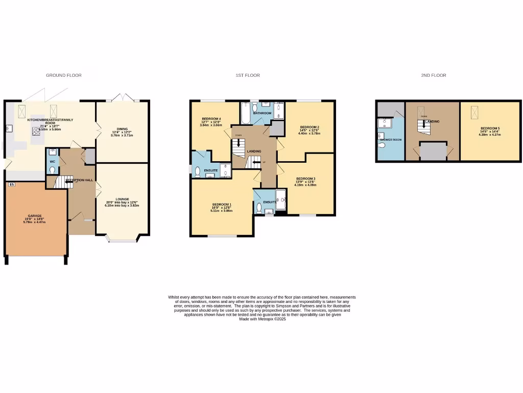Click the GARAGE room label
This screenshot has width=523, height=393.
(x=35, y=216)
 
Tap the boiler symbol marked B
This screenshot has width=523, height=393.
(x=12, y=184)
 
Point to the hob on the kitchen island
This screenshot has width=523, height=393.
(x=38, y=130)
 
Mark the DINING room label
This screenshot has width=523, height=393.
(x=122, y=129)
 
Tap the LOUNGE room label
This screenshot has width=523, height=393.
(x=122, y=199)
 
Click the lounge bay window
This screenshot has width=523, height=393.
(x=122, y=239)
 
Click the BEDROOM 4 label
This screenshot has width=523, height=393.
(x=211, y=119)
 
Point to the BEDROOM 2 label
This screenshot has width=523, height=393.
(x=310, y=127)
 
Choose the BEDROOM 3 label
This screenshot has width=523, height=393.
(x=306, y=179)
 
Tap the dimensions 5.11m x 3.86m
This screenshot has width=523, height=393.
(x=222, y=210)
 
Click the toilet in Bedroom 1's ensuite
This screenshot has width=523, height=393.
(x=259, y=208)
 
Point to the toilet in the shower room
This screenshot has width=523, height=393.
(x=382, y=145)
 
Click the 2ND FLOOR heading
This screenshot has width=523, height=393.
(x=433, y=75)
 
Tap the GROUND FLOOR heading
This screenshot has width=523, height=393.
(x=64, y=75)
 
